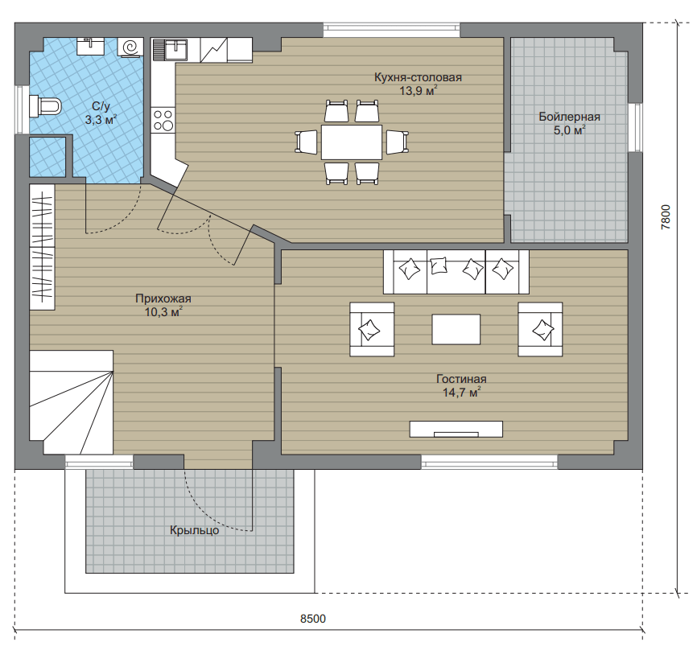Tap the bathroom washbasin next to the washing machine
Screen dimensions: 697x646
pos(91,46)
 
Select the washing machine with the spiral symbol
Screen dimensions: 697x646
pos(130,47)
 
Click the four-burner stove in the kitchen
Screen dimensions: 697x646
pos(163,120)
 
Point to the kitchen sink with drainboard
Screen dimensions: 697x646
pos(171,50)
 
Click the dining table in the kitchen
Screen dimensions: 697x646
pos(352,142)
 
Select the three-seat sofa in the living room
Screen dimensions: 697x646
pos(456,271)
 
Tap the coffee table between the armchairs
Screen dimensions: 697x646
pos(456,329)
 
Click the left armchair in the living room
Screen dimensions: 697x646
pos(372,329)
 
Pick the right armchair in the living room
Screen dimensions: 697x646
pos(540,329)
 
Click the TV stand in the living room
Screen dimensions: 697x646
pos(456,429)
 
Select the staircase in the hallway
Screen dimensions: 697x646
pos(71,402)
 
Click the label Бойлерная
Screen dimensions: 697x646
pos(569,117)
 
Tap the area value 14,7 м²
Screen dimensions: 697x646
pos(462,393)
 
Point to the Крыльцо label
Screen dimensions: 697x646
pos(194,530)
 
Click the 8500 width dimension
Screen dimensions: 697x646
pos(313,619)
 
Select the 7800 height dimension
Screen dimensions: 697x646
pos(666,217)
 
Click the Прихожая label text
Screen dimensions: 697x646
pos(163,298)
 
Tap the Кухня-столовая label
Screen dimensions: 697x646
pos(418,77)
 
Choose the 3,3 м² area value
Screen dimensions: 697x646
pos(101,119)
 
